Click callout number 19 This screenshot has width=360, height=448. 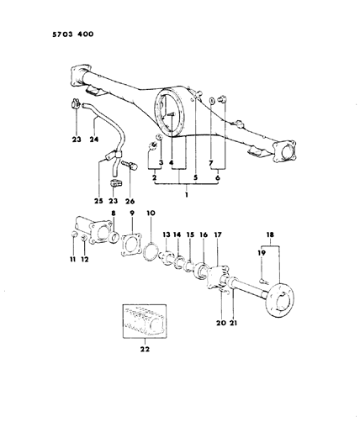(262, 252)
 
